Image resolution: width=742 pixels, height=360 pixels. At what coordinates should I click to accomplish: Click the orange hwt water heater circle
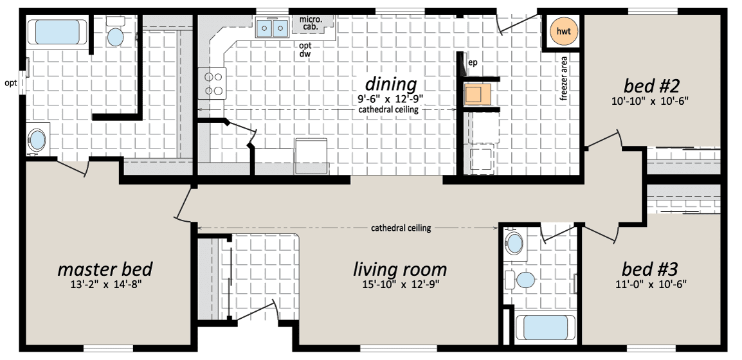click(x=564, y=32)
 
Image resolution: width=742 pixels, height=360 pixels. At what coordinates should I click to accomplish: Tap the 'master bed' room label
click(x=105, y=269)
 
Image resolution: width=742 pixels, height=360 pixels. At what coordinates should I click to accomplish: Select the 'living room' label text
click(x=400, y=269)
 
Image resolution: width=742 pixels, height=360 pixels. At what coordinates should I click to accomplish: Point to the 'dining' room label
click(x=391, y=84)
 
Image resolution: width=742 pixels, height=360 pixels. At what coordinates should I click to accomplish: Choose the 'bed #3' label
click(x=649, y=269)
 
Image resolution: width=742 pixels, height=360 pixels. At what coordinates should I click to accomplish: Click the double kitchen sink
click(x=272, y=28)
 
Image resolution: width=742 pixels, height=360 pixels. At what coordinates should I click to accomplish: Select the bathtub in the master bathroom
click(x=58, y=32)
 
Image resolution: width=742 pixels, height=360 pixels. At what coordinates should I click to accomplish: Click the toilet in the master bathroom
click(x=115, y=32)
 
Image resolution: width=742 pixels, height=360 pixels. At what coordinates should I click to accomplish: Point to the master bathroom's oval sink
click(x=37, y=139)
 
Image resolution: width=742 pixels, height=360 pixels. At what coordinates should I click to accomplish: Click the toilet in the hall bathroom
click(x=521, y=279)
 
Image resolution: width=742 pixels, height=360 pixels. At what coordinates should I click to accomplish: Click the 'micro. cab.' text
click(x=311, y=24)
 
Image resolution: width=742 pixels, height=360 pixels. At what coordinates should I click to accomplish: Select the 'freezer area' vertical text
click(x=564, y=79)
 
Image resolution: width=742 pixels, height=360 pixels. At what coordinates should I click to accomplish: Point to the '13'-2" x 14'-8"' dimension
click(x=105, y=285)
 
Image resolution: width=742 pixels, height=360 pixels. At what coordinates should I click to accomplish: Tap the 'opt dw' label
click(x=305, y=50)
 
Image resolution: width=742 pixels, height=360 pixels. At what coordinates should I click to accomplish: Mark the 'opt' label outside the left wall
click(x=10, y=84)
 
